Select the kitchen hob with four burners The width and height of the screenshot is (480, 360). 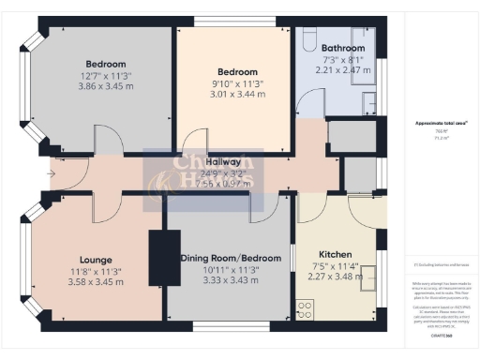pyautogui.click(x=305, y=307)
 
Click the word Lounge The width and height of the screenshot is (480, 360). pyautogui.click(x=96, y=260)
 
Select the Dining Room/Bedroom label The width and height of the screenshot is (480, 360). pyautogui.click(x=228, y=258)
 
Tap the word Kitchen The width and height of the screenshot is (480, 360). pyautogui.click(x=335, y=254)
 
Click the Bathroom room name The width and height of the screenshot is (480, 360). pyautogui.click(x=342, y=47)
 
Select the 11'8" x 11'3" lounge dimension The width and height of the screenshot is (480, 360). pyautogui.click(x=96, y=271)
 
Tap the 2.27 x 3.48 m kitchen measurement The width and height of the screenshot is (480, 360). pyautogui.click(x=335, y=277)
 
